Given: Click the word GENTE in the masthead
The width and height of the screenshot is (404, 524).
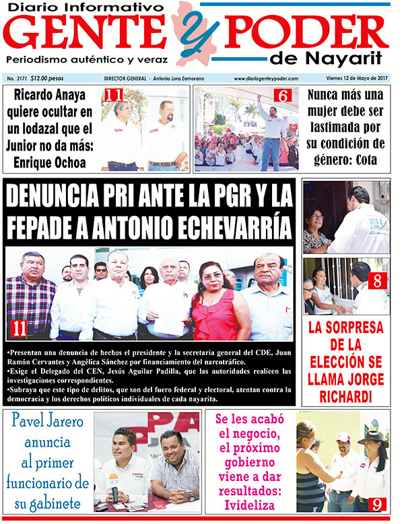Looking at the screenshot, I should click(89, 32).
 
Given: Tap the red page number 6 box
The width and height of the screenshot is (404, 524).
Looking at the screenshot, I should click(282, 96).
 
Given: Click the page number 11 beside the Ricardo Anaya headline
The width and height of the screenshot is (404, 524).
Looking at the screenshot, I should click(112, 95).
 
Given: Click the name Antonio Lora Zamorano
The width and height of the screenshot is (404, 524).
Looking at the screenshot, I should click(185, 79).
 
